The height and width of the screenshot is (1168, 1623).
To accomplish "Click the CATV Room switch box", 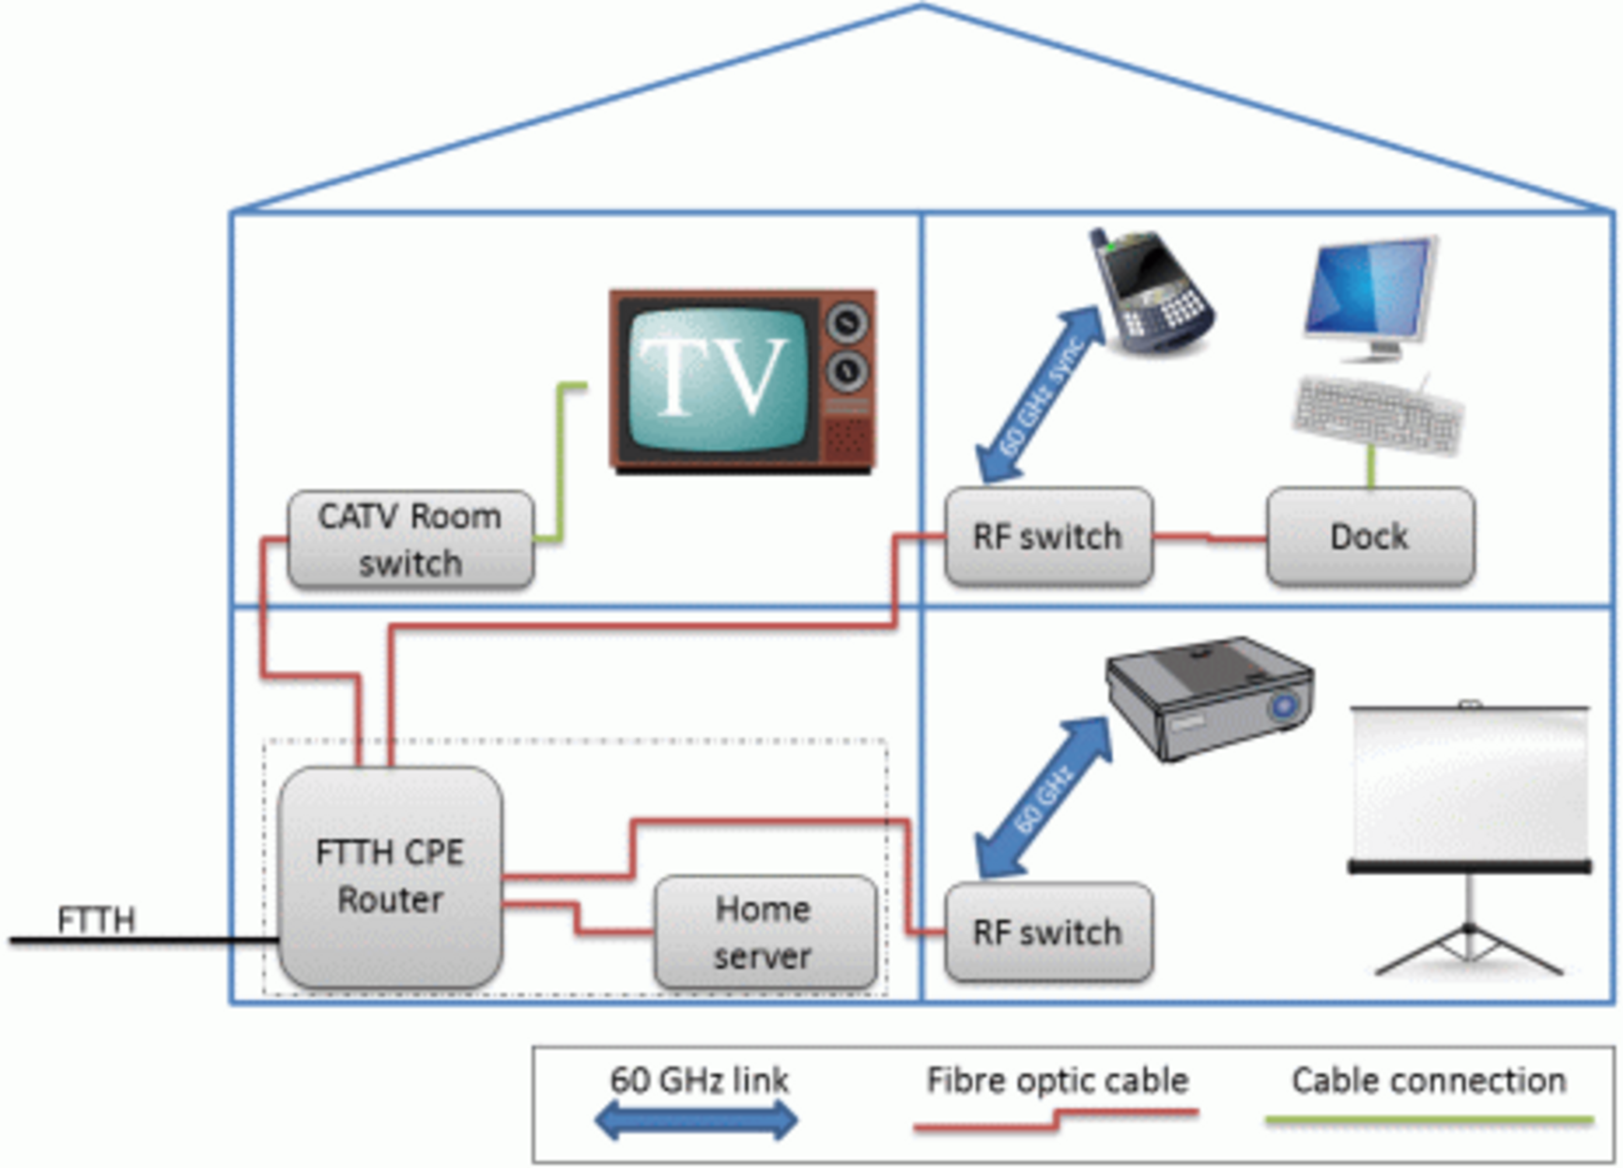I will coord(410,540).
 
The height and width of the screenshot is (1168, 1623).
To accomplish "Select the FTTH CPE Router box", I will coord(390,876).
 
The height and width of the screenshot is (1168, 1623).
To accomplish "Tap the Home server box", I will coord(765,932).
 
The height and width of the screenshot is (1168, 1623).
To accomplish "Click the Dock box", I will coord(1369,536).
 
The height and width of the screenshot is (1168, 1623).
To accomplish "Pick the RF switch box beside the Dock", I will coord(1048,536).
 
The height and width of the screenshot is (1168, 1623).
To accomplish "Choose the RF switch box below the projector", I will coord(1048,932).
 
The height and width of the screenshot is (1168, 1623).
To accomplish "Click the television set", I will coord(742,380).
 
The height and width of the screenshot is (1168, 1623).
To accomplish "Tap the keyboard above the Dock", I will coord(1377,413).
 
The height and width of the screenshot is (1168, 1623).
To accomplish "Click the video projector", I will coord(1210,696).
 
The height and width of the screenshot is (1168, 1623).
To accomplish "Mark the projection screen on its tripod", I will coord(1469,836).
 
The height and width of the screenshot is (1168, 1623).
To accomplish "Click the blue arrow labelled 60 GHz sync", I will coord(1041,395).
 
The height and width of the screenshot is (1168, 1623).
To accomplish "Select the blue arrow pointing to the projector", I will coord(1043,799).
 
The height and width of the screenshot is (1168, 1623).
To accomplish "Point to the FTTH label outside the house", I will coord(96,919).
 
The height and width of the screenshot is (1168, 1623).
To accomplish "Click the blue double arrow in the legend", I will coord(696,1119).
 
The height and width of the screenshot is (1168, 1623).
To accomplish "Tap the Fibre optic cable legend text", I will coord(1057,1081).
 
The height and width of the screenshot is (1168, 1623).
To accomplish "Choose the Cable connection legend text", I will coord(1428,1081).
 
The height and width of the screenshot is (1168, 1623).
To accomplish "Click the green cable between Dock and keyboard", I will coord(1371,468).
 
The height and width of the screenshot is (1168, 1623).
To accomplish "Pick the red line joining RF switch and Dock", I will coord(1209,538).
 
